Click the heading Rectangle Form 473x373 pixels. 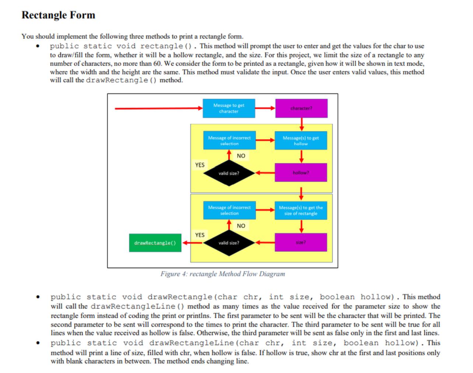coord(58,15)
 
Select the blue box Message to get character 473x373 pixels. coord(228,108)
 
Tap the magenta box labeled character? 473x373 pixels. coord(301,108)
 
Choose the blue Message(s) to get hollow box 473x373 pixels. coord(301,141)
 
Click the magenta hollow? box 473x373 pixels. coord(301,173)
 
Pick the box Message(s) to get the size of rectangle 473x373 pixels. coord(301,210)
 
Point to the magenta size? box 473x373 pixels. coord(301,243)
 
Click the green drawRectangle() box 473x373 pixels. coord(155,243)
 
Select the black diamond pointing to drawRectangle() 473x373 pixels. coord(228,243)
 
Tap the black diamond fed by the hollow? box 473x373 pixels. coord(228,173)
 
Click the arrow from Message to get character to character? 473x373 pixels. coord(265,108)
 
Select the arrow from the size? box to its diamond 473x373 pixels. coord(265,243)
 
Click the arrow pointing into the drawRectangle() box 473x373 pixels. coord(192,243)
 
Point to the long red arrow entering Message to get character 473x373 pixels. coord(158,108)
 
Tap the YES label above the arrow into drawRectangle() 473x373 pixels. coord(200,235)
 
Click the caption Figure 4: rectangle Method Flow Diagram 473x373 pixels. coord(223,274)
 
